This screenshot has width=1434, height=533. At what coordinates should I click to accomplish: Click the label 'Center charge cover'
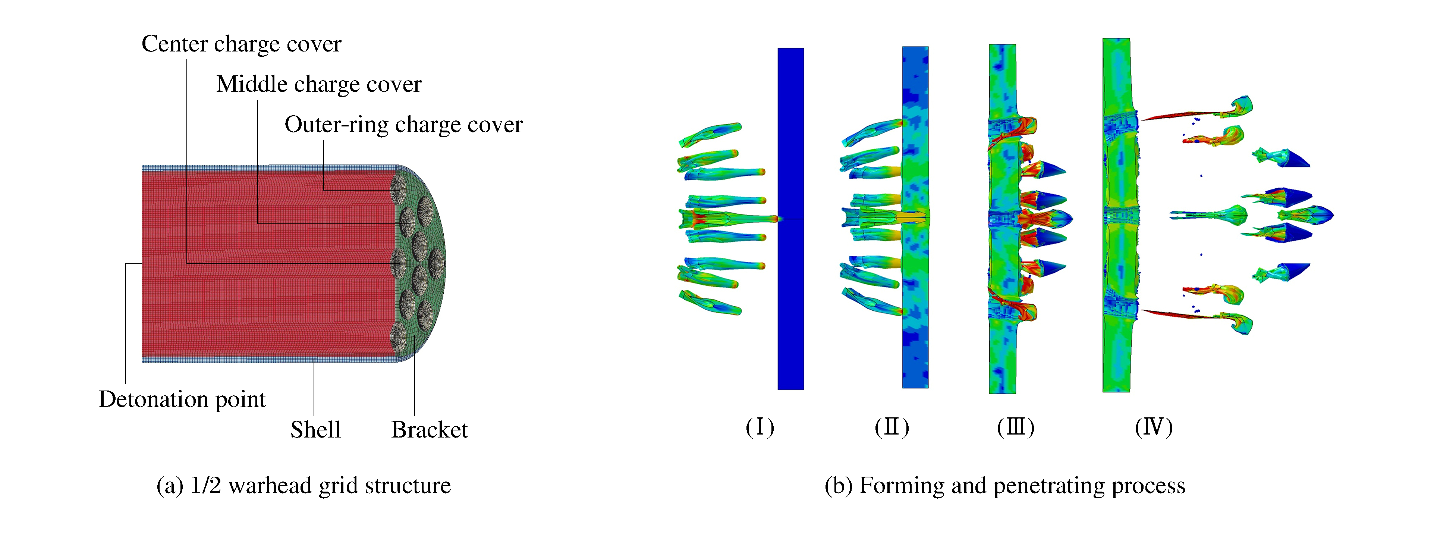coord(241,44)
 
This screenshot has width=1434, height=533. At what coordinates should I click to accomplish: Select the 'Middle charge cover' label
coord(318,84)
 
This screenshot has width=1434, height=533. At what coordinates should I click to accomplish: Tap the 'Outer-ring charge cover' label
coord(403,124)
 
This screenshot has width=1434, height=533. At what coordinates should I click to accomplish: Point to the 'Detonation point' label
coord(182,399)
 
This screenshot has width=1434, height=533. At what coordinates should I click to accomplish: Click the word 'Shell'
coord(315,429)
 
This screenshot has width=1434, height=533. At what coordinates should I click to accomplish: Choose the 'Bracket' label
coord(429,429)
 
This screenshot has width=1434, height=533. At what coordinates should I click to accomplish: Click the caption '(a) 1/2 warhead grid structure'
coord(304,486)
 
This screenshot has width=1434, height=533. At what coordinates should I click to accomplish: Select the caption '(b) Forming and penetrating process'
coord(1004,486)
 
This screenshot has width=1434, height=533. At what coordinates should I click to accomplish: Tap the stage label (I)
coord(760,427)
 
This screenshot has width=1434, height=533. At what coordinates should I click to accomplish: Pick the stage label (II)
coord(891,427)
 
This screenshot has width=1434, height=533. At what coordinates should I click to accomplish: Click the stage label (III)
coord(1015,427)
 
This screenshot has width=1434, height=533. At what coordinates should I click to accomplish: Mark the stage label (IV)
coord(1154,427)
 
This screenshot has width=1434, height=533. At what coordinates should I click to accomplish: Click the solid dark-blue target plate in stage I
coord(790,306)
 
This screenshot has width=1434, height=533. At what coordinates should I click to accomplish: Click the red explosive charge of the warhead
coord(267,262)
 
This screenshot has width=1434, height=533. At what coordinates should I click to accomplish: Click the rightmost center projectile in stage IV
coord(1308,214)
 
